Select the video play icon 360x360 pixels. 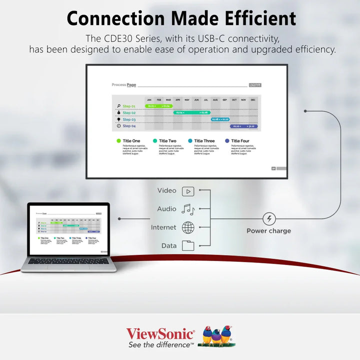tap(187, 191)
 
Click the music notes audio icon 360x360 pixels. tap(187, 209)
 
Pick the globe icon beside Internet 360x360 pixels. tap(188, 227)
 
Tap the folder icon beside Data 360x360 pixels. tap(188, 245)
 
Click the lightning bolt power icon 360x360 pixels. tap(269, 218)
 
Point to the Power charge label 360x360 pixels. tap(268, 231)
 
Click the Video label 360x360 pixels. tap(166, 190)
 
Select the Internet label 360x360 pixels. tap(163, 227)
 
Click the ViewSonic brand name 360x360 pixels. tap(160, 333)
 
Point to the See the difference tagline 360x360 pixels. tap(160, 344)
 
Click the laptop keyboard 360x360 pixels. tap(68, 261)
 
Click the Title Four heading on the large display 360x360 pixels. tap(240, 141)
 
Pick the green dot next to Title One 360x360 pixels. tap(118, 141)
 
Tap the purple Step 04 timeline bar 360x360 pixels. tap(243, 126)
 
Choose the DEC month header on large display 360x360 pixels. tap(253, 100)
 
